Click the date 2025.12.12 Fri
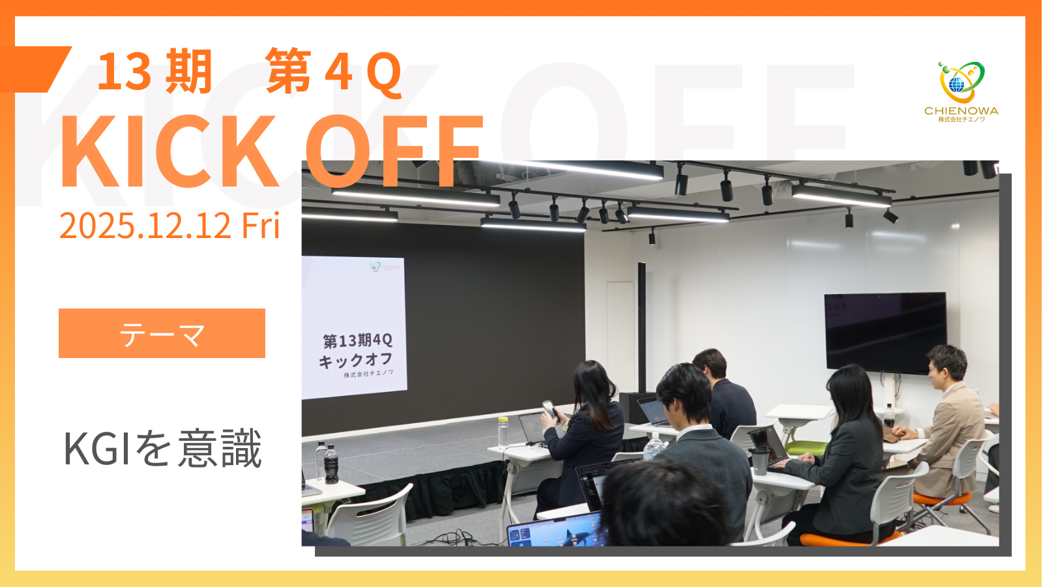[169, 226]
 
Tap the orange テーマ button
[162, 333]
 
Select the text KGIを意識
[162, 448]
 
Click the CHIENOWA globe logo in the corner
[961, 82]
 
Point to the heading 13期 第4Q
[249, 72]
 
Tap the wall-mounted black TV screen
[886, 333]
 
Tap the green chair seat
[806, 448]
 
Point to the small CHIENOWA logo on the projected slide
[385, 267]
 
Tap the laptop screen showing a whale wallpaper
[557, 530]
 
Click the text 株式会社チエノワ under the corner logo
[962, 120]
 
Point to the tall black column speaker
[641, 328]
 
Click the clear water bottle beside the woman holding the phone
[503, 432]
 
